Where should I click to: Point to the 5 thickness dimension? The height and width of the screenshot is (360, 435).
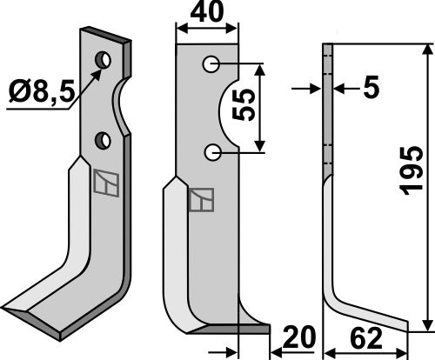pos(370,88)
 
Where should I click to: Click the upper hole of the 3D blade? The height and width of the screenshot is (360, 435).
pos(104,60)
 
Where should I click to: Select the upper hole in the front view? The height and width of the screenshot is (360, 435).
pos(211,63)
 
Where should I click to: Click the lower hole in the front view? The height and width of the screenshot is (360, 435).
pos(211,152)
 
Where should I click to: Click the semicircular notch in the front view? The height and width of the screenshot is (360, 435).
pos(228,109)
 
